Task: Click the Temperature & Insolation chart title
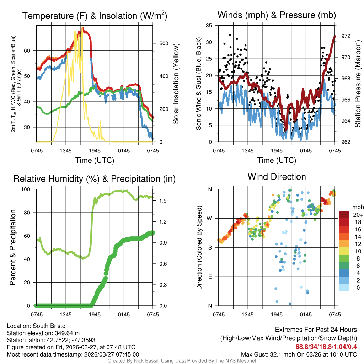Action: [95, 16]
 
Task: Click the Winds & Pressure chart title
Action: [277, 15]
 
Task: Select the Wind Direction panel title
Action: [277, 177]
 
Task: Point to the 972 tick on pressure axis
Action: [345, 36]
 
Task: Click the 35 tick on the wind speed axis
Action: [209, 26]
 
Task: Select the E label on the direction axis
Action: [210, 277]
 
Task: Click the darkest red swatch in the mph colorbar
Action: [344, 215]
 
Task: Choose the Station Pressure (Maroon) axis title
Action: [358, 84]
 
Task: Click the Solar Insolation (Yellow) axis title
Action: [176, 84]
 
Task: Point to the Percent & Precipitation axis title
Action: [13, 247]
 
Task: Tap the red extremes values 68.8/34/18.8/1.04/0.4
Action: [326, 347]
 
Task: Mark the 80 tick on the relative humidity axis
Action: [31, 213]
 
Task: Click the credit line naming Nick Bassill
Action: [182, 361]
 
